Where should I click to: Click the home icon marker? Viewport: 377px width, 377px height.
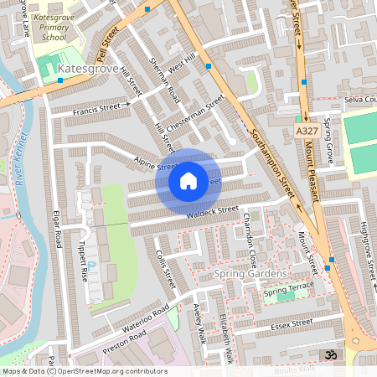tap(188, 180)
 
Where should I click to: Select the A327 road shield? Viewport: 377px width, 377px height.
tap(307, 131)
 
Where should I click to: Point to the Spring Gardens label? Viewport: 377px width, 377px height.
tap(250, 274)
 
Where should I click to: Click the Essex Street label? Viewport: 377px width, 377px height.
tap(292, 322)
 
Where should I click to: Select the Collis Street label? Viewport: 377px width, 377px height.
tap(166, 269)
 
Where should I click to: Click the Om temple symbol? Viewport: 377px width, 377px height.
tap(330, 355)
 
